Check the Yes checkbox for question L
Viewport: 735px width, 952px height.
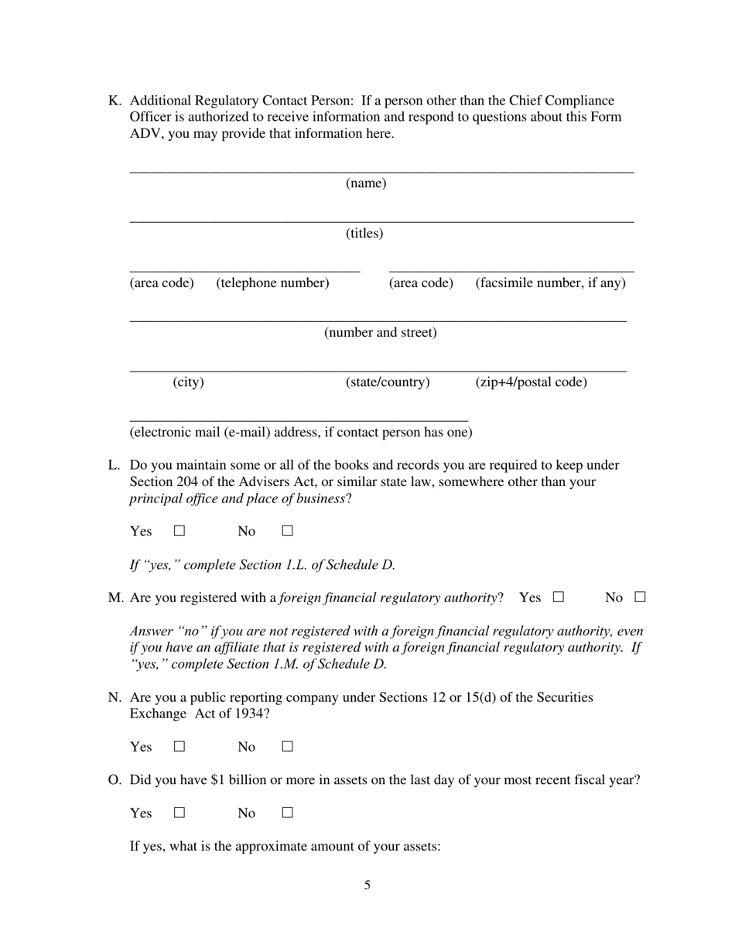point(179,531)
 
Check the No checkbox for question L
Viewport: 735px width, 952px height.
point(287,531)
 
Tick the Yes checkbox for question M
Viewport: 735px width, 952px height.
point(559,598)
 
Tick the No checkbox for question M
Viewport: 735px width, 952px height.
point(640,598)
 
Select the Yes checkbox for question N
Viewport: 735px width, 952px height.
point(179,747)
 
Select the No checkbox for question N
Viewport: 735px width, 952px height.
point(287,747)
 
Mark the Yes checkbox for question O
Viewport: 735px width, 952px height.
point(179,813)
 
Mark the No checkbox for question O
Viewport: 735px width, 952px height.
point(287,813)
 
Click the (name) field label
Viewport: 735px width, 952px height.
point(366,183)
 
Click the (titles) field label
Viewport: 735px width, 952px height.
point(364,233)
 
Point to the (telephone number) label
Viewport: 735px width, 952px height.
point(272,283)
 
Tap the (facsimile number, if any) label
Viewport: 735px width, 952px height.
point(550,283)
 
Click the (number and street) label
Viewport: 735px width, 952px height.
point(380,333)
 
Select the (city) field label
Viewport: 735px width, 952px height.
point(188,382)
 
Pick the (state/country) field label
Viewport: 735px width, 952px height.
point(387,382)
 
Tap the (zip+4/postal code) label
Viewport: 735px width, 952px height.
point(531,382)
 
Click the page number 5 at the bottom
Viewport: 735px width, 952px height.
point(367,885)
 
